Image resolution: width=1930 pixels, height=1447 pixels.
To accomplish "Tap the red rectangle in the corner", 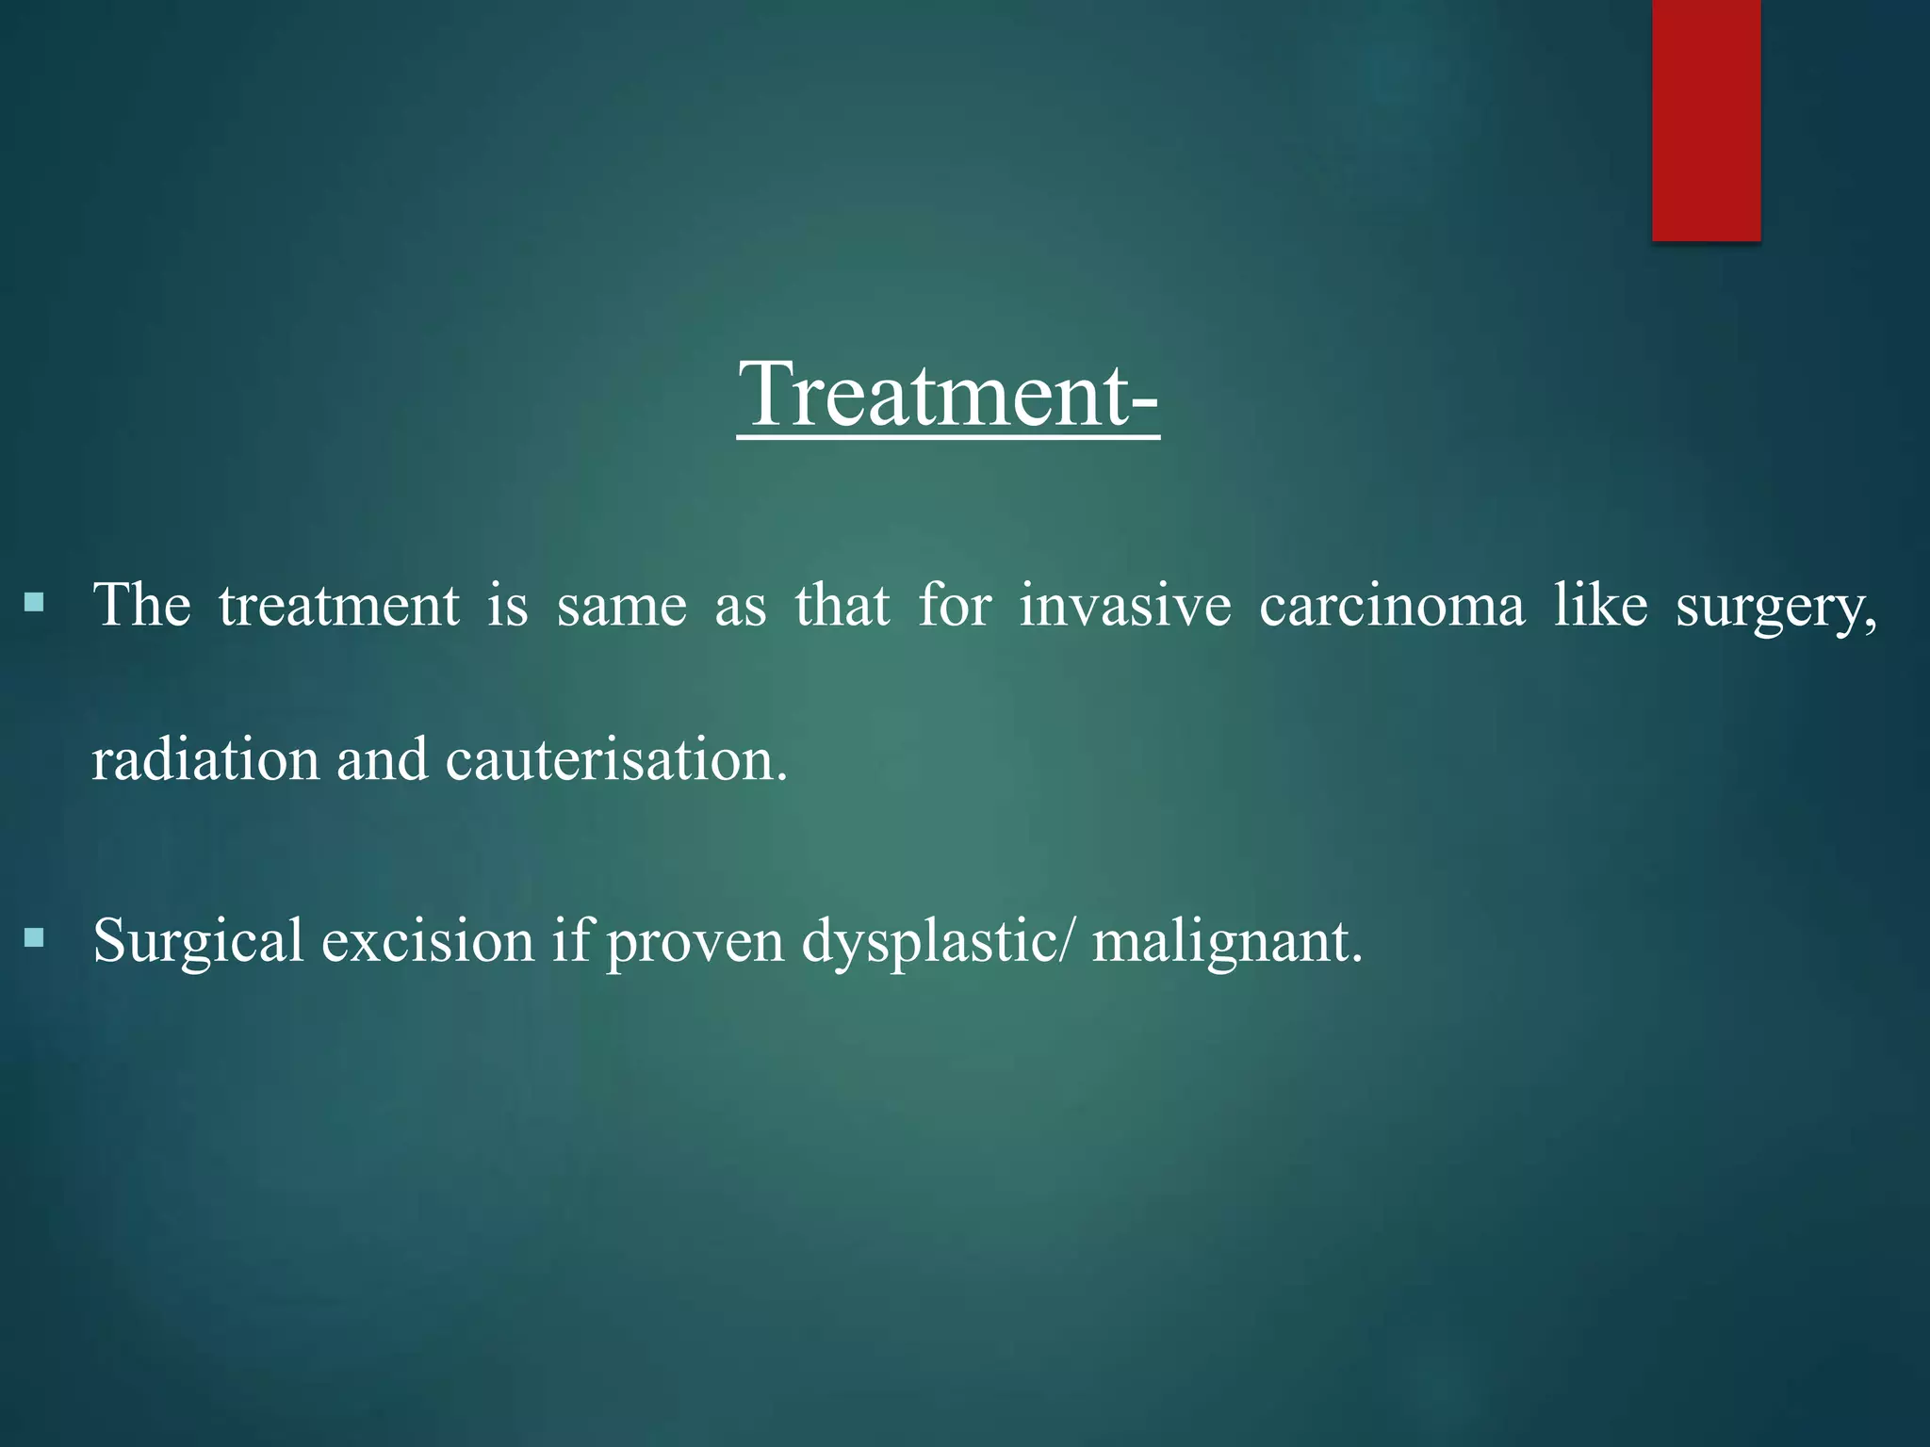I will point(1706,120).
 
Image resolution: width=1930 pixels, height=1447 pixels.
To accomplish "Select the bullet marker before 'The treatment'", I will point(35,602).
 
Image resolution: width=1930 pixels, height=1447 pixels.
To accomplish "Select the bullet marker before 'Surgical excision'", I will point(35,937).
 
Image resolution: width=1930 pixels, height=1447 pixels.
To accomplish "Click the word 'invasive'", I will point(1125,605).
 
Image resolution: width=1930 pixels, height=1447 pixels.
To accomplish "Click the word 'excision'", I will point(428,940).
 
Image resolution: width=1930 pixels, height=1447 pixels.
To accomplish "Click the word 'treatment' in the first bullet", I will point(339,607).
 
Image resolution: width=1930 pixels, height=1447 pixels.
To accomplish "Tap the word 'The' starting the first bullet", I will point(141,605).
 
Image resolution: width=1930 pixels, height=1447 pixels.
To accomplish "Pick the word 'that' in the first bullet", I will point(842,605).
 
